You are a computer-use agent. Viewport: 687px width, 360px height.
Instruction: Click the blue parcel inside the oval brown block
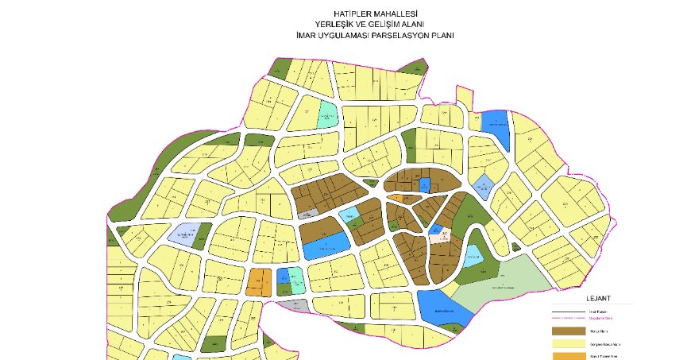pos(424,185)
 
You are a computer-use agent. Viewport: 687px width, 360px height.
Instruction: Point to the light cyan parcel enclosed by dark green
pos(472,256)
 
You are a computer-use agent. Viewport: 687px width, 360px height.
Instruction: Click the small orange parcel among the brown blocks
pos(395,197)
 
